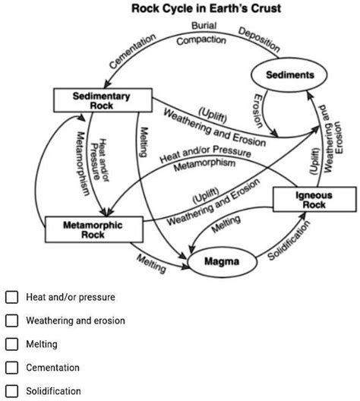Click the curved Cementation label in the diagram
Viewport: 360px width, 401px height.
tap(132, 51)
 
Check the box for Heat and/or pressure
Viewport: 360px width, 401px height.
tap(11, 298)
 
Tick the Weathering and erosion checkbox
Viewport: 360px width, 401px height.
tap(11, 321)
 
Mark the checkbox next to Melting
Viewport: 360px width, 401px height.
tap(11, 345)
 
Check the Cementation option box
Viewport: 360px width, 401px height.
tap(11, 368)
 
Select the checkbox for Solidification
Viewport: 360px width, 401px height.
tap(11, 392)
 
